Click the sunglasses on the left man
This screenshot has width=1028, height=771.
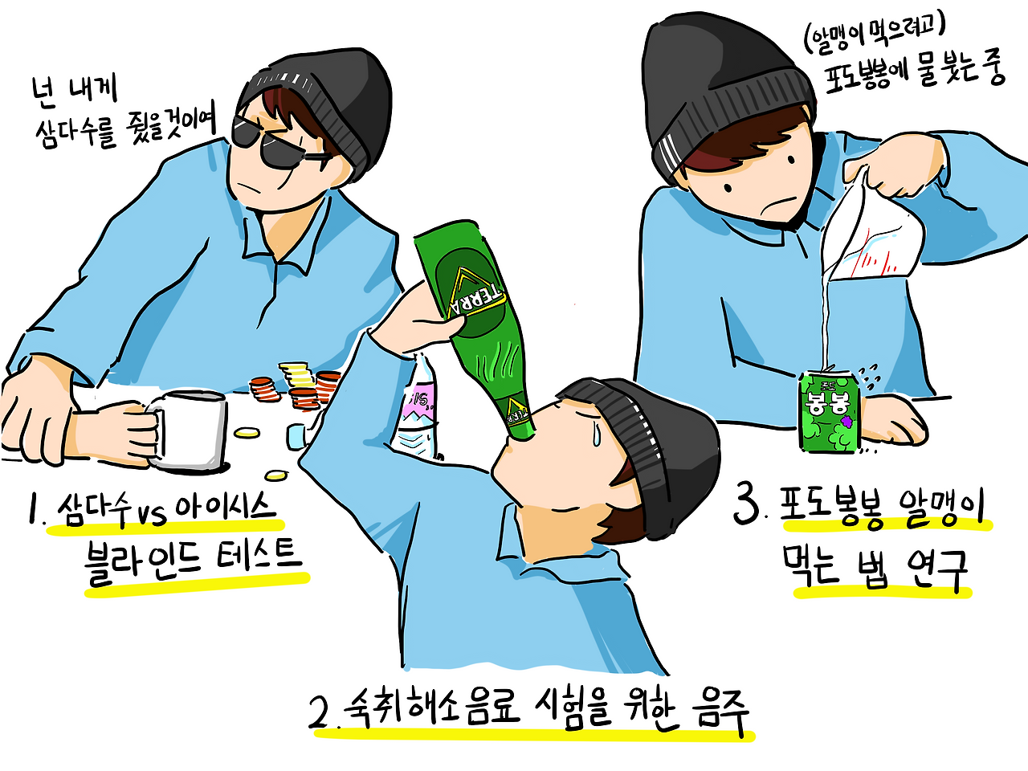click(x=276, y=143)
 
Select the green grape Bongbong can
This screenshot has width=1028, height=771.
click(x=830, y=410)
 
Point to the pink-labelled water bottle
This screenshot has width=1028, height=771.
click(x=418, y=408)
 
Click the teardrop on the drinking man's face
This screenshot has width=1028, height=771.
click(x=596, y=434)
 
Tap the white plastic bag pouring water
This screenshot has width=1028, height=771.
click(x=871, y=234)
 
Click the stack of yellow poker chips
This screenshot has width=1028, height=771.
click(x=296, y=373)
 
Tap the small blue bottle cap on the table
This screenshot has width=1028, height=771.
click(x=296, y=435)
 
